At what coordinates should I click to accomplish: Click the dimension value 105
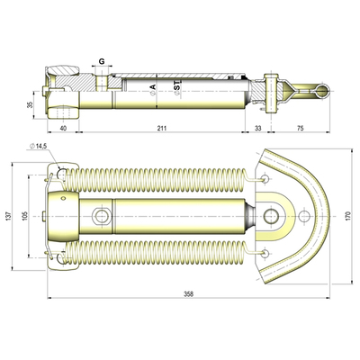click(x=25, y=218)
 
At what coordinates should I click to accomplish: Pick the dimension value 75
click(x=298, y=129)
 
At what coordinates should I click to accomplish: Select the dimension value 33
click(x=257, y=129)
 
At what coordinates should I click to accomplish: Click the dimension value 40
click(x=63, y=129)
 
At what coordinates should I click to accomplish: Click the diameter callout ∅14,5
click(x=41, y=147)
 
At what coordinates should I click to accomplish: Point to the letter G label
click(x=103, y=62)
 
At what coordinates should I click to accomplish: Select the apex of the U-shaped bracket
click(x=321, y=216)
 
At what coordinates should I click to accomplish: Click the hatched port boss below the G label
click(x=104, y=84)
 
